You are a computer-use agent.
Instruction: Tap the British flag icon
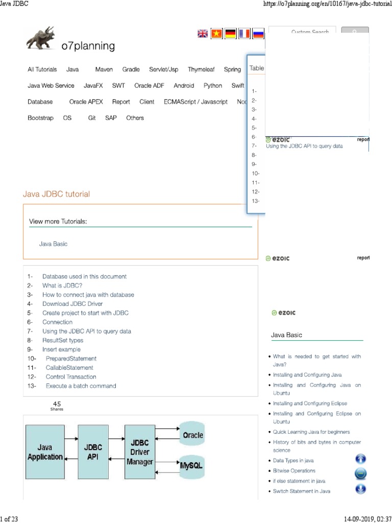(203, 34)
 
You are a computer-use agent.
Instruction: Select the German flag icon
(231, 34)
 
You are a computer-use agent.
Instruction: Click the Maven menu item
(104, 69)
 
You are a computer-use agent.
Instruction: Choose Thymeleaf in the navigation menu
(201, 69)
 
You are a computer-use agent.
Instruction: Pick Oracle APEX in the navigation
(86, 102)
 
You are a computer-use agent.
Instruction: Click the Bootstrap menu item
(40, 118)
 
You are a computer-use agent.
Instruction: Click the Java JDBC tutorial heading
(57, 194)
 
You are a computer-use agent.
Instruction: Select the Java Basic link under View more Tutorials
(53, 244)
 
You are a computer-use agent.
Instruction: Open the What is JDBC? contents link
(62, 286)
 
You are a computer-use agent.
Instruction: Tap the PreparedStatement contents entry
(71, 359)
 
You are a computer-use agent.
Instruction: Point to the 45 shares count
(57, 404)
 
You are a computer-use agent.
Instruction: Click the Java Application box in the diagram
(45, 451)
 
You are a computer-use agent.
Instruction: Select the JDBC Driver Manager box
(140, 451)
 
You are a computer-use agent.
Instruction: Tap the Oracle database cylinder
(191, 435)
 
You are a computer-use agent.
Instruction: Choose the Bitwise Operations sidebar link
(294, 471)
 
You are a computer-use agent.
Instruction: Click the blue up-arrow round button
(360, 459)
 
